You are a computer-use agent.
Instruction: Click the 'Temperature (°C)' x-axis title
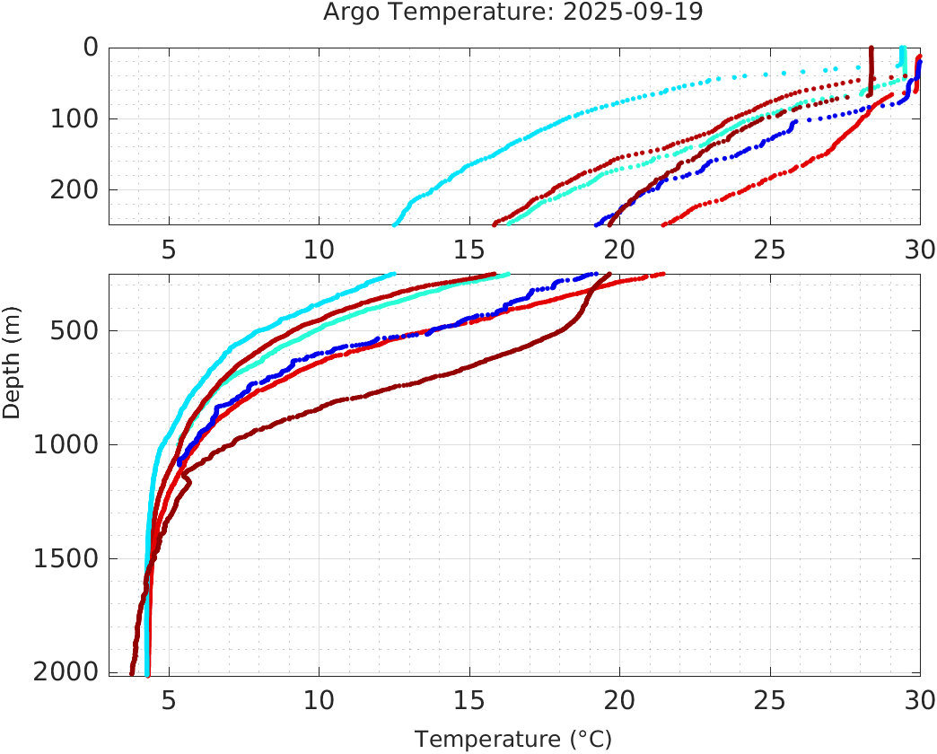tap(513, 739)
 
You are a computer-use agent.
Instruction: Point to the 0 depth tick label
tap(90, 48)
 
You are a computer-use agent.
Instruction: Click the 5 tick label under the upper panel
tap(169, 249)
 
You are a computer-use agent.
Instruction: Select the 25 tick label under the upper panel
tap(770, 249)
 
